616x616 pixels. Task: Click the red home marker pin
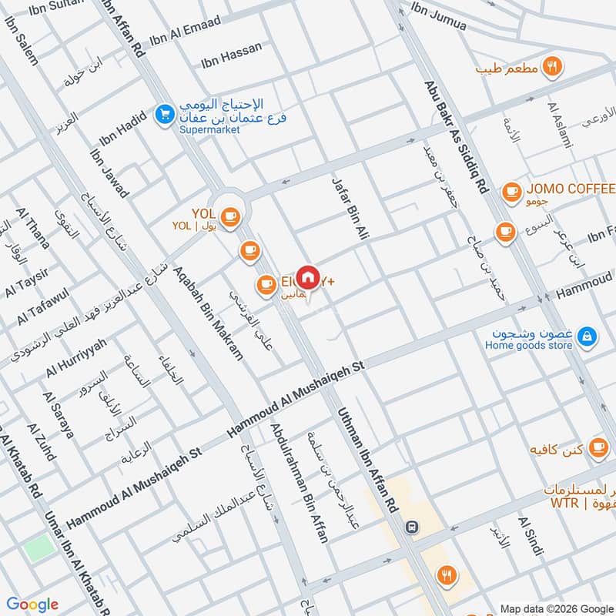[x=307, y=276]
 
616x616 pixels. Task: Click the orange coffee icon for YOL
[x=229, y=217]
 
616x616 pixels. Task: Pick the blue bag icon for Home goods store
[x=587, y=336]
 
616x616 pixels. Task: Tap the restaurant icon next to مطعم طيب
[x=551, y=66]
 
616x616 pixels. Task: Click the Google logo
[x=32, y=604]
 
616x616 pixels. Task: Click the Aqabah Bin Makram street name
[x=208, y=313]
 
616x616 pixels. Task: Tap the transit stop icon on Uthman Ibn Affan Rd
[x=413, y=526]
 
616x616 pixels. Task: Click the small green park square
[x=39, y=548]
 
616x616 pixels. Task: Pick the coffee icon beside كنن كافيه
[x=598, y=447]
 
